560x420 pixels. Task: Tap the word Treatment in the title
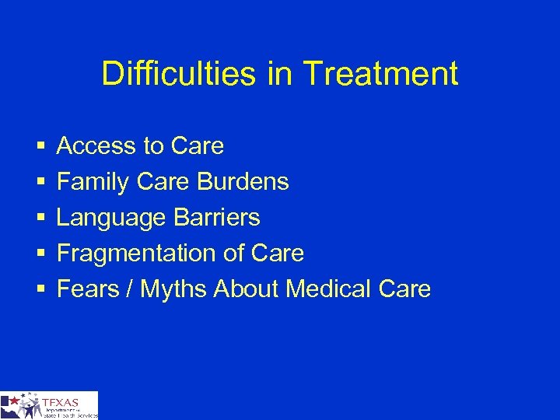pyautogui.click(x=380, y=75)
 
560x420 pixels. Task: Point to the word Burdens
pyautogui.click(x=243, y=182)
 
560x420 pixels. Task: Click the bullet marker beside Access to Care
pyautogui.click(x=40, y=146)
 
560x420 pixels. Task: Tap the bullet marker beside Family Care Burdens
pyautogui.click(x=40, y=182)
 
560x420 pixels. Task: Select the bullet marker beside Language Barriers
pyautogui.click(x=40, y=218)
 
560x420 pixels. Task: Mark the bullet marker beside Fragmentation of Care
pyautogui.click(x=40, y=254)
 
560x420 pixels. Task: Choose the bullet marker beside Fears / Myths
pyautogui.click(x=40, y=289)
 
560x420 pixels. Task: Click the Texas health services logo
pyautogui.click(x=49, y=405)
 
